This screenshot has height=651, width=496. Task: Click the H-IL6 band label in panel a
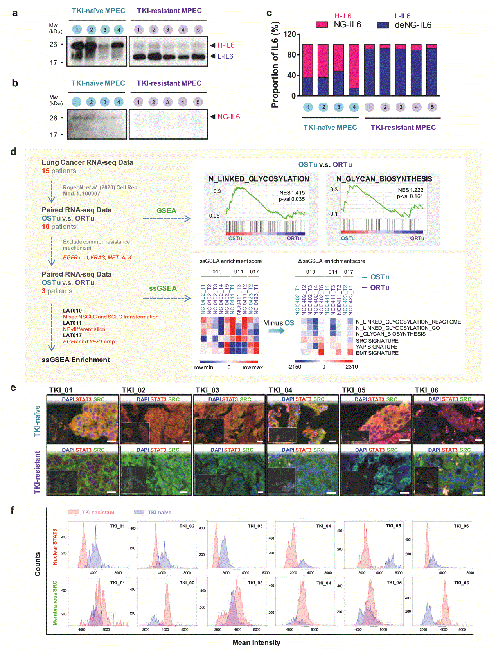point(226,45)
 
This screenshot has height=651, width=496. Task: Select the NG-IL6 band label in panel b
point(228,117)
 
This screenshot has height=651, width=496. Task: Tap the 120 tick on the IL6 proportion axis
point(289,34)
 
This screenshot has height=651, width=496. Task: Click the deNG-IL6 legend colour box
point(383,25)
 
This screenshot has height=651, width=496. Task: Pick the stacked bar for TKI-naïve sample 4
point(354,70)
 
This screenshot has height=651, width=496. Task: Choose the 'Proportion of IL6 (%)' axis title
point(275,65)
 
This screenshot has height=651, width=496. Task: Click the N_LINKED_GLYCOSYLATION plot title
point(259,179)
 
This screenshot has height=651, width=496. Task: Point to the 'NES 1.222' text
point(410,190)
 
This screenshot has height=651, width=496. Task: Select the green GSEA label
point(166,210)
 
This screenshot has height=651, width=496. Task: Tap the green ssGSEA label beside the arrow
point(163,288)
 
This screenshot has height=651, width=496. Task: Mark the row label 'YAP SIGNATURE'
point(376,347)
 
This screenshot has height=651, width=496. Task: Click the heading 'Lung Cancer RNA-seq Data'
point(87,162)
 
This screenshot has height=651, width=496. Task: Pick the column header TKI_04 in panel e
point(280,390)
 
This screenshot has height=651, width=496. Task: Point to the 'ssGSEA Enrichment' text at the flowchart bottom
point(75,360)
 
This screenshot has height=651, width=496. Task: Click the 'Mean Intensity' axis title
point(256,642)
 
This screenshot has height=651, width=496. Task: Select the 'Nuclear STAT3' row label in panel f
point(55,547)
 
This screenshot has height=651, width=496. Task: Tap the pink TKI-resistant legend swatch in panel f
point(74,512)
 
